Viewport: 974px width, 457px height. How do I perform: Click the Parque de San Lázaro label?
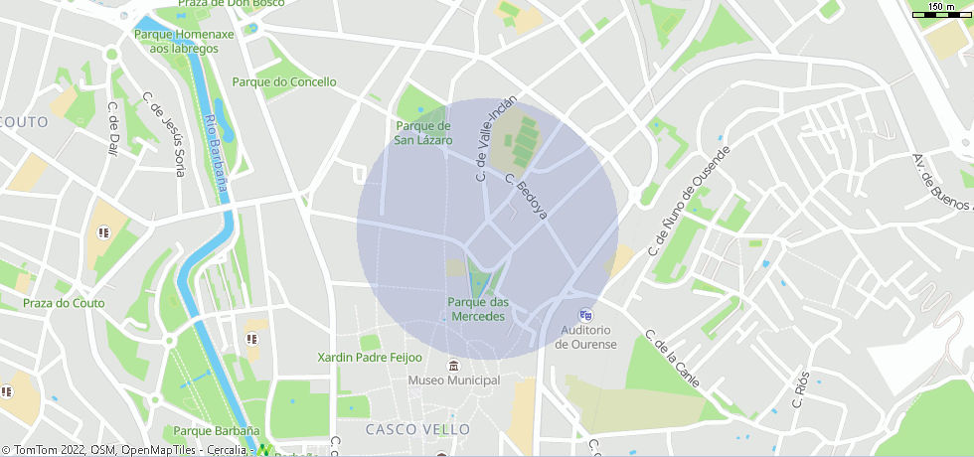(x=423, y=133)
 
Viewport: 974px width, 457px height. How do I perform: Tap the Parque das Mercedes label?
(x=478, y=309)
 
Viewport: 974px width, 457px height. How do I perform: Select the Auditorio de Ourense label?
(x=585, y=337)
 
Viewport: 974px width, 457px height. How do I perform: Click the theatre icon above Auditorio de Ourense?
(x=585, y=315)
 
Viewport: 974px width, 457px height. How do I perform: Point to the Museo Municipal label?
(x=454, y=381)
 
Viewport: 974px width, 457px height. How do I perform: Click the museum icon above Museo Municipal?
(x=454, y=365)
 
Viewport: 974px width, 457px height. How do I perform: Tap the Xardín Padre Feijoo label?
(x=370, y=358)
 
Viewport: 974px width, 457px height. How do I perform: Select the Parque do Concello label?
(x=284, y=82)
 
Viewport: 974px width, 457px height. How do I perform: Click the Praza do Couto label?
(x=58, y=303)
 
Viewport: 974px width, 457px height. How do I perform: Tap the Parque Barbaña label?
(x=217, y=431)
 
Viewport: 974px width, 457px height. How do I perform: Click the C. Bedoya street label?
(x=526, y=197)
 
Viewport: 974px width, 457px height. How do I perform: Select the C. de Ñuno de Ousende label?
(x=689, y=200)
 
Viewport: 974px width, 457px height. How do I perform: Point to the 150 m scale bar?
(x=940, y=12)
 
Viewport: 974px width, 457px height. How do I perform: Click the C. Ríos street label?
(x=802, y=390)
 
